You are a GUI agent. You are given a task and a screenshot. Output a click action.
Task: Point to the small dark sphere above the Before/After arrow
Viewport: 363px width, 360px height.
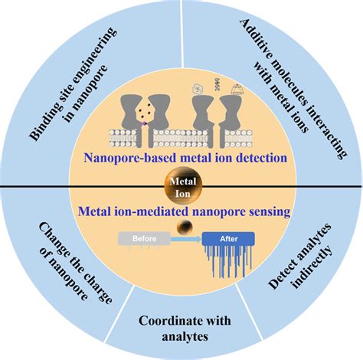pos(184,226)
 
